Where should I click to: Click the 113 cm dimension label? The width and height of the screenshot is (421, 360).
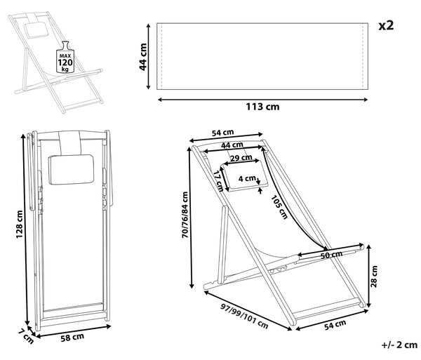(x=262, y=107)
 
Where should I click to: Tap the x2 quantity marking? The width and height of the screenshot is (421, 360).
(x=386, y=26)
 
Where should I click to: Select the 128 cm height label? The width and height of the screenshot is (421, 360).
(x=20, y=224)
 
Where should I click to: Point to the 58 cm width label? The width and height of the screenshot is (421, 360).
(x=72, y=337)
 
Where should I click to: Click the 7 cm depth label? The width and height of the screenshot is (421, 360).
(x=26, y=336)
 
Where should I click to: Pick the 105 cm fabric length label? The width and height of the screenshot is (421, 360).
(x=279, y=207)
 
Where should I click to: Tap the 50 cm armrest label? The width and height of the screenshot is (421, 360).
(x=332, y=255)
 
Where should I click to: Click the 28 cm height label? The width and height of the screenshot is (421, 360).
(x=374, y=276)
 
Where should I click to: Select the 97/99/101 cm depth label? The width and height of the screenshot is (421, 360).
(x=244, y=316)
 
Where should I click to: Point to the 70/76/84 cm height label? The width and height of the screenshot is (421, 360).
(x=185, y=215)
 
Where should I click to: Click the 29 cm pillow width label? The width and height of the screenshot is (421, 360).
(x=241, y=158)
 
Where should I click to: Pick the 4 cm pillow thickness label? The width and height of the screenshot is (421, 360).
(x=247, y=178)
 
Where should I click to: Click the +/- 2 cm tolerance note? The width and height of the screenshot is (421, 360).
(x=399, y=345)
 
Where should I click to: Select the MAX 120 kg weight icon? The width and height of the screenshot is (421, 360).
(x=65, y=57)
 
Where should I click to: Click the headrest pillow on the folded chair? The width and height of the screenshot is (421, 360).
(x=71, y=170)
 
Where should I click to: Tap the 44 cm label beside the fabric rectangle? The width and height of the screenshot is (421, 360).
(x=143, y=57)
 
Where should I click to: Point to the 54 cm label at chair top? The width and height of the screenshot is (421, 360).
(x=222, y=133)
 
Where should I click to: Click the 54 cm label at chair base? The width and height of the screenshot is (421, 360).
(x=335, y=325)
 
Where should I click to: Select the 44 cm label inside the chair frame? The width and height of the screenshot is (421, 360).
(x=232, y=145)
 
